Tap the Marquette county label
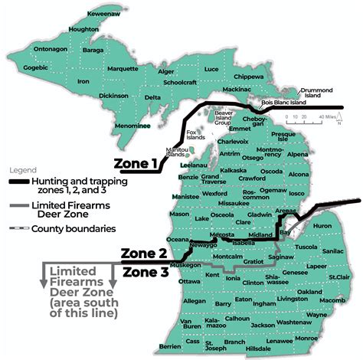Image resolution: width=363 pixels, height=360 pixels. (123, 68)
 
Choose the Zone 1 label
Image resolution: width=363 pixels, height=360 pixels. (135, 163)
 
